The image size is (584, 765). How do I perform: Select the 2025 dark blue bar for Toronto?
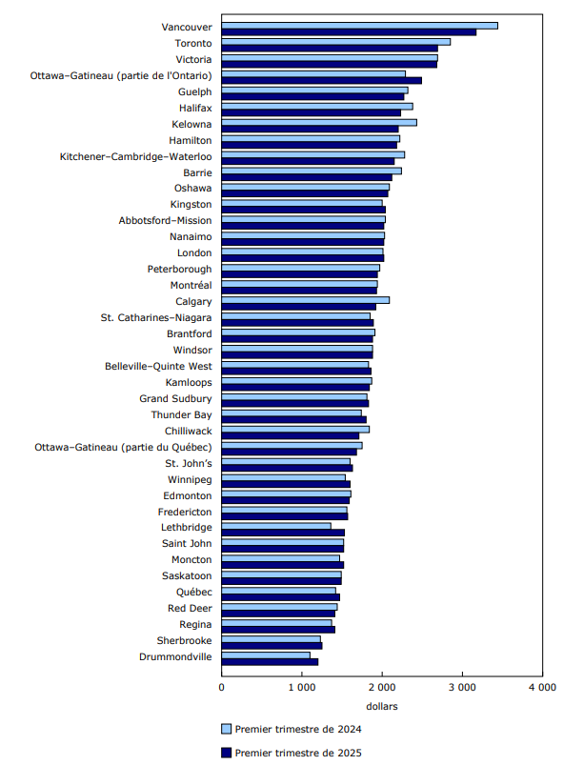point(330,49)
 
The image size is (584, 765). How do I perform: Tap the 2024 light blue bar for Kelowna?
point(319,122)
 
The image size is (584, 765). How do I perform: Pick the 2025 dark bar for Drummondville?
point(270,661)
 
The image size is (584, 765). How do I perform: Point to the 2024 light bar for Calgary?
point(306,299)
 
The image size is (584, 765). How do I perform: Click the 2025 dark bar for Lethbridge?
point(283,533)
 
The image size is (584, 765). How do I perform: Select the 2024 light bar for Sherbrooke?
point(272,638)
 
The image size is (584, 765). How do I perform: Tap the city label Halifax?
point(194,109)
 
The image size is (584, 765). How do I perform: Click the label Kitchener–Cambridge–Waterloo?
point(136,156)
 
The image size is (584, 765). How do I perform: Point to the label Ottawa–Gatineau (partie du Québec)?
point(124,446)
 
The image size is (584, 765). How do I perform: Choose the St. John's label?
point(191,462)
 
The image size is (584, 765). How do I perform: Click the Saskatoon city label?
point(185,575)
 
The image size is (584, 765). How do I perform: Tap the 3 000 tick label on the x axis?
point(462,686)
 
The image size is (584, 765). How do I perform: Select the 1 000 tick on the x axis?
point(302,686)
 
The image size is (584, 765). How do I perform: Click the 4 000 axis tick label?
point(542,686)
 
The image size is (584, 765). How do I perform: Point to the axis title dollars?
point(382,706)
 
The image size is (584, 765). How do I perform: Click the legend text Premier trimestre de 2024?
point(297,730)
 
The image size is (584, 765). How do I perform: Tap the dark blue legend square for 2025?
point(227,754)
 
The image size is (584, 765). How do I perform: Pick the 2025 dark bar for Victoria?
point(329,65)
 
